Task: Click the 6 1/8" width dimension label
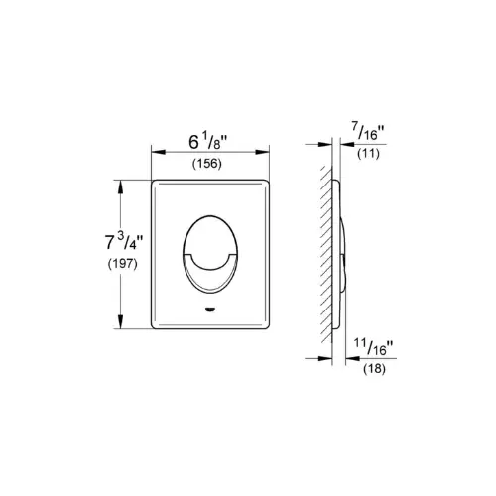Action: pyautogui.click(x=208, y=141)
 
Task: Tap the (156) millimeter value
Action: pyautogui.click(x=207, y=164)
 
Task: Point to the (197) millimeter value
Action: pyautogui.click(x=122, y=264)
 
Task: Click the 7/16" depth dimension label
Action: pyautogui.click(x=368, y=131)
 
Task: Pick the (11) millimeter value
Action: pyautogui.click(x=368, y=154)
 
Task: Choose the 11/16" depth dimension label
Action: pyautogui.click(x=374, y=347)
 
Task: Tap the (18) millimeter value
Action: pyautogui.click(x=375, y=369)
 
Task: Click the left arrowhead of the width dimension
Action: pyautogui.click(x=158, y=152)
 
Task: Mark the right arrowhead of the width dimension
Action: pyautogui.click(x=263, y=152)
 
